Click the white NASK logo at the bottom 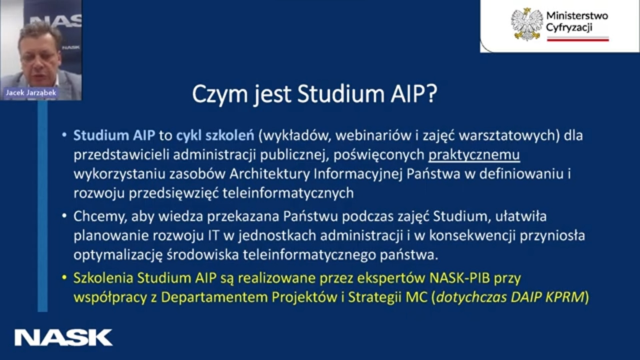(x=63, y=337)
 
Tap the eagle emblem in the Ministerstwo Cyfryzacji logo (x=527, y=24)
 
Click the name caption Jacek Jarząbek (x=31, y=93)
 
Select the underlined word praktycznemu (x=474, y=155)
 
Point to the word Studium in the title (x=341, y=94)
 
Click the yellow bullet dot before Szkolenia (x=65, y=278)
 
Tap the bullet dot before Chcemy (x=65, y=216)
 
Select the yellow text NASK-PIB (x=460, y=278)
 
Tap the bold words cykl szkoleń (x=215, y=135)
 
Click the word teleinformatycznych (x=288, y=193)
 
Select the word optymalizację (x=118, y=255)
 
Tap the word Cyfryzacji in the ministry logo (x=569, y=27)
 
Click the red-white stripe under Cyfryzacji (x=578, y=39)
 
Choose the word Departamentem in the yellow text (x=214, y=297)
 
